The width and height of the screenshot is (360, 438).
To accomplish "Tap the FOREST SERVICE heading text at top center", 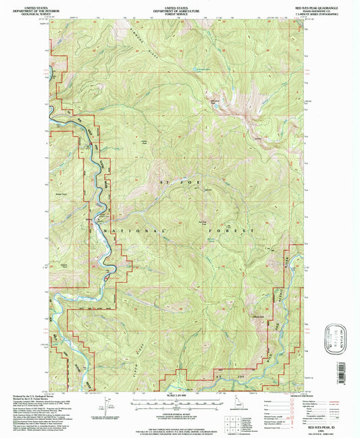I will [179, 9].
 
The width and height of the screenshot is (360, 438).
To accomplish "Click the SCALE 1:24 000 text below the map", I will [179, 394].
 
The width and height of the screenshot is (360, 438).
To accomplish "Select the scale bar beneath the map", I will [179, 401].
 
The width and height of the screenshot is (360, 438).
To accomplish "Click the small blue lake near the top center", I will [199, 70].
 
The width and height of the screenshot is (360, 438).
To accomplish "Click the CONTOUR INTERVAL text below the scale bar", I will [179, 406].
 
